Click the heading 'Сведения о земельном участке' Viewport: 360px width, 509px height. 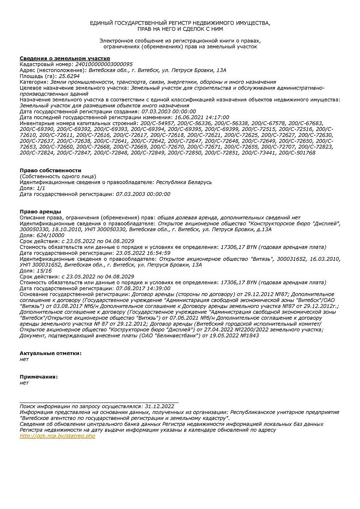[65, 58]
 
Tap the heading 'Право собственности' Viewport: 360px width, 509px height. [51, 171]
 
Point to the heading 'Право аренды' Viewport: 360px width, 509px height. [40, 211]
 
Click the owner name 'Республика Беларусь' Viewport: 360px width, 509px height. [184, 182]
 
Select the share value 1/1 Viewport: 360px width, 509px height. [41, 188]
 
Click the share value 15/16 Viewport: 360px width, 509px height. [42, 271]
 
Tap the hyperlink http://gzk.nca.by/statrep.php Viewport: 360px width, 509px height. [57, 436]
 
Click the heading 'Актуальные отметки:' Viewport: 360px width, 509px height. [51, 353]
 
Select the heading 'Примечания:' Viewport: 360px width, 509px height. [39, 377]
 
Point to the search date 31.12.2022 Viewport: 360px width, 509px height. [160, 406]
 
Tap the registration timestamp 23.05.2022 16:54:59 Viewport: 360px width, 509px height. [143, 253]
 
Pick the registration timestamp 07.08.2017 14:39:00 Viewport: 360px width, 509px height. [143, 288]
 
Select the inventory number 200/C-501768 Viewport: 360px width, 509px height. [297, 153]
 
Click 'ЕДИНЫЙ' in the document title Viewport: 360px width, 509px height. [100, 23]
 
